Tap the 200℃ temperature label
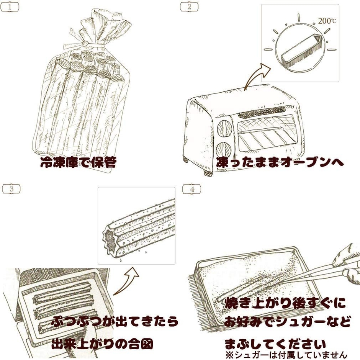point(327,21)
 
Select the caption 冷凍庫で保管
point(78,162)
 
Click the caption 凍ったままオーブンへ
point(280,162)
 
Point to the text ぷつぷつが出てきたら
point(115,321)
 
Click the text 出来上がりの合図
point(102,344)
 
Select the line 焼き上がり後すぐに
point(285,303)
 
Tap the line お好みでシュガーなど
point(287,322)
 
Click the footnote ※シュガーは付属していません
point(286,355)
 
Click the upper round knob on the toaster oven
point(224,127)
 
